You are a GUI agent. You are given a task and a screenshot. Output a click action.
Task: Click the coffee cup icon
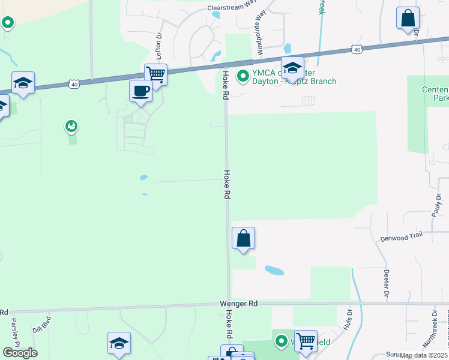140,91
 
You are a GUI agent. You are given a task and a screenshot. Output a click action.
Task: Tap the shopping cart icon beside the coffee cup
155,74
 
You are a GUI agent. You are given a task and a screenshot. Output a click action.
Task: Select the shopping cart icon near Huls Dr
306,341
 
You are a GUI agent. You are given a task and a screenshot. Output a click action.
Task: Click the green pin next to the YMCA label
243,76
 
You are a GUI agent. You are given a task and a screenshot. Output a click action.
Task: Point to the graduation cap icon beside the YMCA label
292,67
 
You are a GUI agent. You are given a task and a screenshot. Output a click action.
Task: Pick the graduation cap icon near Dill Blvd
119,343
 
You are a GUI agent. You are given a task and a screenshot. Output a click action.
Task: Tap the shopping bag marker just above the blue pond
243,238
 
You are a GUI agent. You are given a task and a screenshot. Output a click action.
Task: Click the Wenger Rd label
238,304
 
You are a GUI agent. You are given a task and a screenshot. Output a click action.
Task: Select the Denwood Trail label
402,238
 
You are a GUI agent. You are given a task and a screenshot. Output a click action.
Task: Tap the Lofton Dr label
160,46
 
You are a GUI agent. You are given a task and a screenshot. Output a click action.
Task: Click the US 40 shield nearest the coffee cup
74,85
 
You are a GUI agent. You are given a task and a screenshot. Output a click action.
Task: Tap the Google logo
20,353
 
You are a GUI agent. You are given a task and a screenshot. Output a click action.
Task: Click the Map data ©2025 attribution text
424,355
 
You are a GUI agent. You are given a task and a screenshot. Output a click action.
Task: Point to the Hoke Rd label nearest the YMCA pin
226,85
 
